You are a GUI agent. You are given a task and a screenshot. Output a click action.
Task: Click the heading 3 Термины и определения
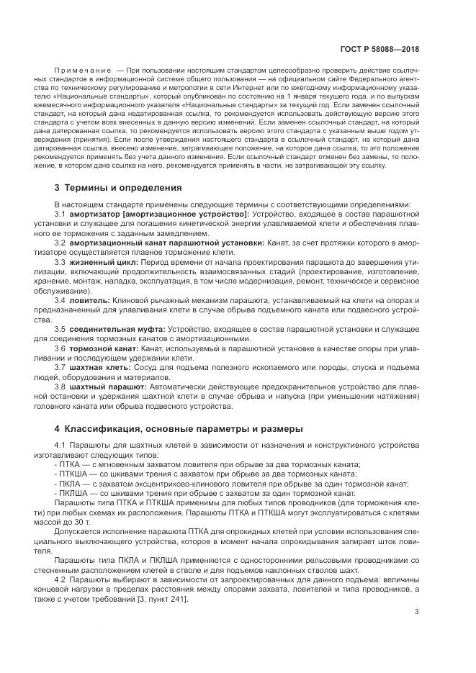(119, 188)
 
